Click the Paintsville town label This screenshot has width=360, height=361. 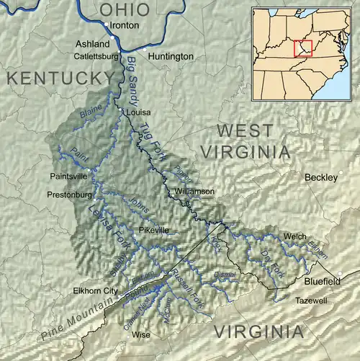click(68, 175)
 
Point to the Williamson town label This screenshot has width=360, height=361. click(194, 191)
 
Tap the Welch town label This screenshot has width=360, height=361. click(295, 236)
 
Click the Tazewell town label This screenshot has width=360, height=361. click(310, 299)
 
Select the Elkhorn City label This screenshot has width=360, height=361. click(95, 290)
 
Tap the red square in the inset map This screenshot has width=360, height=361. click(303, 48)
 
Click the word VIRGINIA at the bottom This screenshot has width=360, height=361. click(258, 331)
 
